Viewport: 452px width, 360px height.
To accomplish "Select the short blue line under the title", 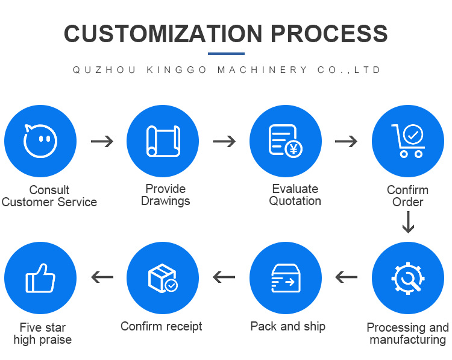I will coord(226,54).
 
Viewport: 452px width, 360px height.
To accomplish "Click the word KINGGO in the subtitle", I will coord(177,70).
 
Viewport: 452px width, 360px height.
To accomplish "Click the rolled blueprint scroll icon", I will coord(163,141).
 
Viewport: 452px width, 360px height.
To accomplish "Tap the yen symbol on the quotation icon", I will coord(293,148).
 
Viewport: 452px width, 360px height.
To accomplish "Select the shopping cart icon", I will coord(408,141).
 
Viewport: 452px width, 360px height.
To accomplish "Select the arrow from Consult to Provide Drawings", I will coord(102,142).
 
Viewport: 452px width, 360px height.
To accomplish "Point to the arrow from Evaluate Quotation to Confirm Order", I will coord(346,142).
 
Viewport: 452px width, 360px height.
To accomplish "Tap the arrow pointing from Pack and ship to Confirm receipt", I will coord(224,277).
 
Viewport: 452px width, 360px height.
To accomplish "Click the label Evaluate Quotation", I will coord(295,195).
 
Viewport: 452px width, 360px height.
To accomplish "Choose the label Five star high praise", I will coord(42,333).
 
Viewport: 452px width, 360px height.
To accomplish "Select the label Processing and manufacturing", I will coord(407,333).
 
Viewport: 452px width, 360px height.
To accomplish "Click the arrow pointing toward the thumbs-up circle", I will coord(102,277).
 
